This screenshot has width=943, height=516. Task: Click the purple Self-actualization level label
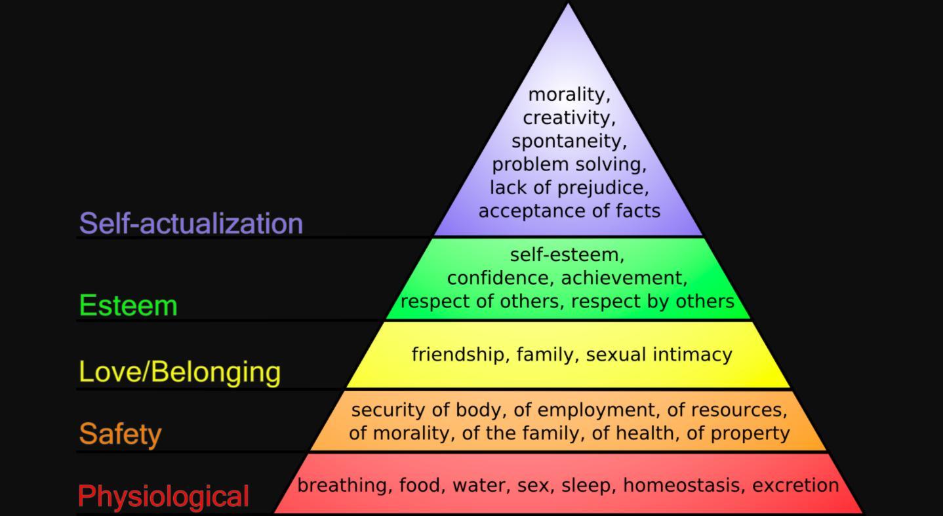click(x=191, y=224)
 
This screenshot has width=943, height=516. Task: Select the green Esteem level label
click(x=128, y=306)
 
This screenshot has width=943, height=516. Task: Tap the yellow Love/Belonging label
click(x=180, y=371)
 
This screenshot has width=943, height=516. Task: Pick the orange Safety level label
click(x=120, y=433)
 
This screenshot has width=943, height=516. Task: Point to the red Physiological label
click(x=163, y=496)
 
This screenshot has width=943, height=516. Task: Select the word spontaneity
click(x=569, y=142)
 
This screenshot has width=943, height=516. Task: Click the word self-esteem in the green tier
click(x=567, y=254)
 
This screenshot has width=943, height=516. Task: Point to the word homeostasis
click(x=683, y=486)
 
